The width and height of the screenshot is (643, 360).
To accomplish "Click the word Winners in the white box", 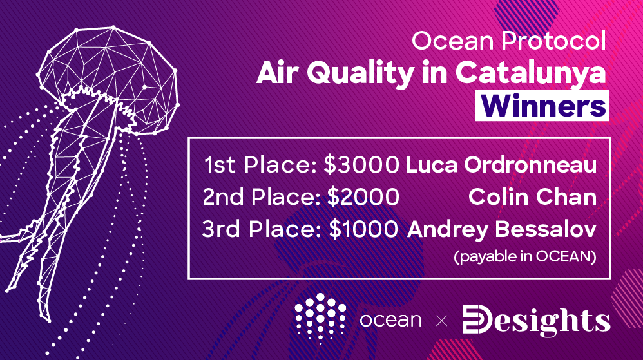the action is (x=542, y=106).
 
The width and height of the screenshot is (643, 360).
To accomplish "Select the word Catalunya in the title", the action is (x=530, y=74).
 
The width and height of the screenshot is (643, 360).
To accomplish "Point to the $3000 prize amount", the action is (x=361, y=164).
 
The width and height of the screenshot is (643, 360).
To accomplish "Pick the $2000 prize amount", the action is (x=363, y=197).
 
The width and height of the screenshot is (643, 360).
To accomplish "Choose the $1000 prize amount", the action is (x=363, y=229).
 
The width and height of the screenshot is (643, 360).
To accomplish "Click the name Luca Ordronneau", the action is (x=501, y=165).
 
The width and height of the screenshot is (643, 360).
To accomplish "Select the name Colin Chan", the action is (x=532, y=197).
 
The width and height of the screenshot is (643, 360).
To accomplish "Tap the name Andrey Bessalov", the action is (x=501, y=230).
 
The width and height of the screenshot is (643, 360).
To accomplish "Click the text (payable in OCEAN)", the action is (x=525, y=257).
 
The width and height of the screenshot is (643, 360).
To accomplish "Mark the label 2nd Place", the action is (x=261, y=197).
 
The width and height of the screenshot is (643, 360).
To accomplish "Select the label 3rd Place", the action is (x=262, y=229).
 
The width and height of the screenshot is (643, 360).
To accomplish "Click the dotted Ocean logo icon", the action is (x=320, y=317).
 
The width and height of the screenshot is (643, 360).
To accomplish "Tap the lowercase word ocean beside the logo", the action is (x=390, y=320).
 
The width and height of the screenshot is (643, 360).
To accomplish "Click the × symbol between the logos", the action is (x=441, y=321).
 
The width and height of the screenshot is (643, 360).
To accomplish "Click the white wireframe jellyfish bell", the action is (x=109, y=80).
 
